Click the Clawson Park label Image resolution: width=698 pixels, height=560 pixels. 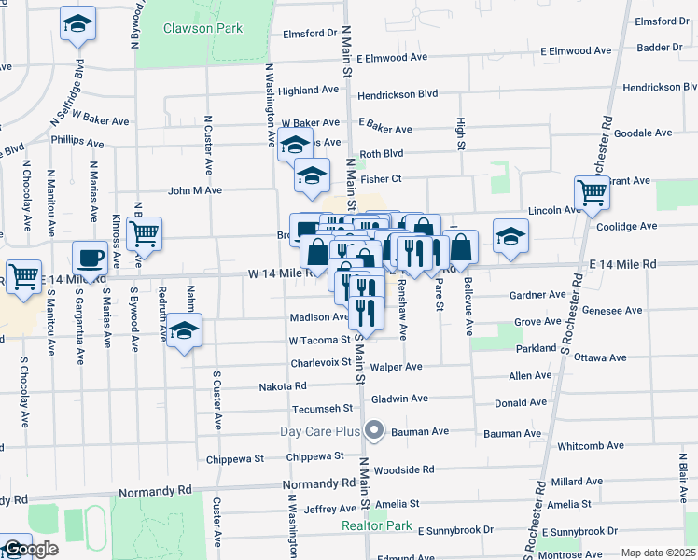tap(202, 28)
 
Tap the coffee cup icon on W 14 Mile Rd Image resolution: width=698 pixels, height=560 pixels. tap(91, 257)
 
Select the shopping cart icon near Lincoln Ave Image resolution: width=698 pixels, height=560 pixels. tap(592, 192)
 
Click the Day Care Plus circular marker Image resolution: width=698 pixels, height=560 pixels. tap(374, 430)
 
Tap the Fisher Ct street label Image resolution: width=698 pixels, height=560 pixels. tap(381, 178)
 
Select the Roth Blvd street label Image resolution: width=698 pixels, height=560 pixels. tap(381, 154)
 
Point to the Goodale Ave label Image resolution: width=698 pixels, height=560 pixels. tap(645, 133)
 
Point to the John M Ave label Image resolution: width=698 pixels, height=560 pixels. tap(194, 190)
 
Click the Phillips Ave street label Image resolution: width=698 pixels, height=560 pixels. tap(77, 142)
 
